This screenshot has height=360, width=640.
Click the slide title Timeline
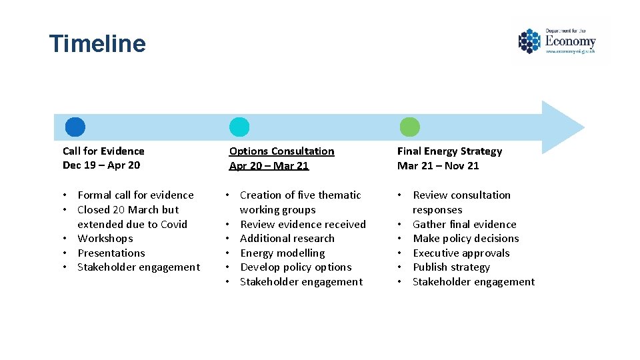(97, 44)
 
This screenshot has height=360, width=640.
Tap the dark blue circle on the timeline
(75, 127)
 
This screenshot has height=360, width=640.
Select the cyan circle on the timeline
(239, 127)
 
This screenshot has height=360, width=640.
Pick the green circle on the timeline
(409, 127)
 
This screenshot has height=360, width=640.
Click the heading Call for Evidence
(103, 151)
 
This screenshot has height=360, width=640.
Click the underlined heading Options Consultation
(281, 151)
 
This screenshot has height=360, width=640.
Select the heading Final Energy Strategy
(449, 151)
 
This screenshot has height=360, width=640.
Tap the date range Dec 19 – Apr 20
(101, 165)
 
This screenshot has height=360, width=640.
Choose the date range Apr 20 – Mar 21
(269, 165)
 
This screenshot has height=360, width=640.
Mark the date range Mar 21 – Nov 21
(438, 165)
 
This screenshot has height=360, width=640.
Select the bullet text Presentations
(111, 253)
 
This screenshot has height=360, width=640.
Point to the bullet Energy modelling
(282, 253)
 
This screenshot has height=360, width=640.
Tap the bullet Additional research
(287, 239)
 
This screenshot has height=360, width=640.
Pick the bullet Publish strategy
(451, 267)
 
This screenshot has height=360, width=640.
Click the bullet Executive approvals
(461, 253)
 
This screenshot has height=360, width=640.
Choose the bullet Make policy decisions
(465, 239)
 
